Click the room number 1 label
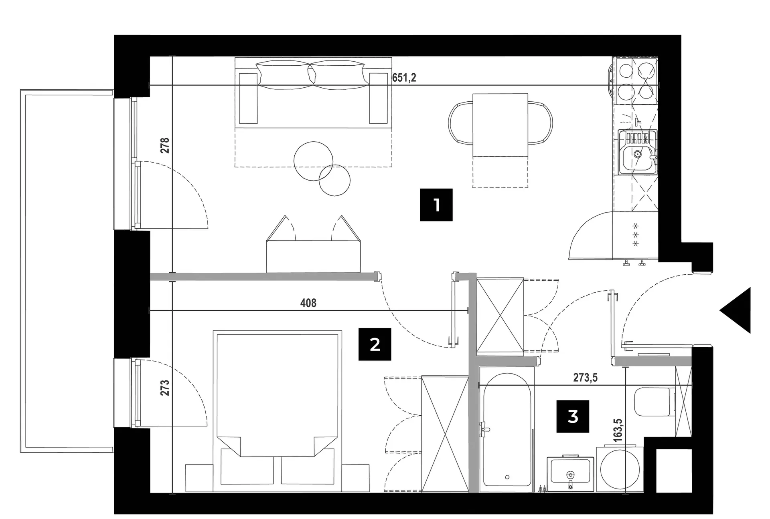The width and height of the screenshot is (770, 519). tap(436, 205)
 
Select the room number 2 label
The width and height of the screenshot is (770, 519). tap(375, 344)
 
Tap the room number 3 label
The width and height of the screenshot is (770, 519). tap(573, 416)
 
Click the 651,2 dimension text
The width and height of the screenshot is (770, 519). tap(404, 78)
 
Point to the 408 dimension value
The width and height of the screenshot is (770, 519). tap(308, 303)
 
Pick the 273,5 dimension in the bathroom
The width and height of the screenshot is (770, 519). tap(585, 378)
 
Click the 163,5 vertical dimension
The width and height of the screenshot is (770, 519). tap(617, 430)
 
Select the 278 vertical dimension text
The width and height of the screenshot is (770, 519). tap(165, 145)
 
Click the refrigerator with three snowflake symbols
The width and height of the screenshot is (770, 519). tap(636, 237)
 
